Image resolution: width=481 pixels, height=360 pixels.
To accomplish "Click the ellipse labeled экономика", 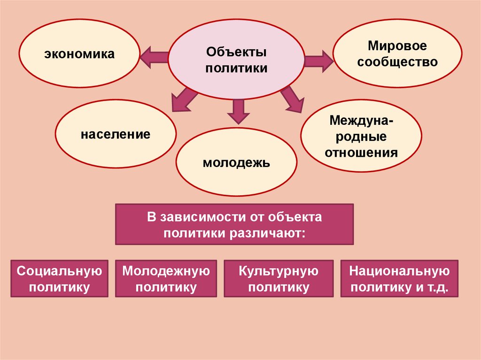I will click(x=79, y=54).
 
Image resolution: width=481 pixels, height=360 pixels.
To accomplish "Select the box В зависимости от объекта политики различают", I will click(x=234, y=224).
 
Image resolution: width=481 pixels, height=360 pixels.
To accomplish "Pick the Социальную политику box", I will click(x=59, y=279).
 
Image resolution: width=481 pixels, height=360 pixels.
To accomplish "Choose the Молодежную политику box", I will click(x=166, y=279).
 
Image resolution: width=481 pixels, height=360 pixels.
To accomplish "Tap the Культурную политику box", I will click(x=279, y=279).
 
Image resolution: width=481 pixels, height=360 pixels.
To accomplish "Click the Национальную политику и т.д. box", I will click(x=399, y=279).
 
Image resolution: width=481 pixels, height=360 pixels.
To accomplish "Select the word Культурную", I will click(x=279, y=271).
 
